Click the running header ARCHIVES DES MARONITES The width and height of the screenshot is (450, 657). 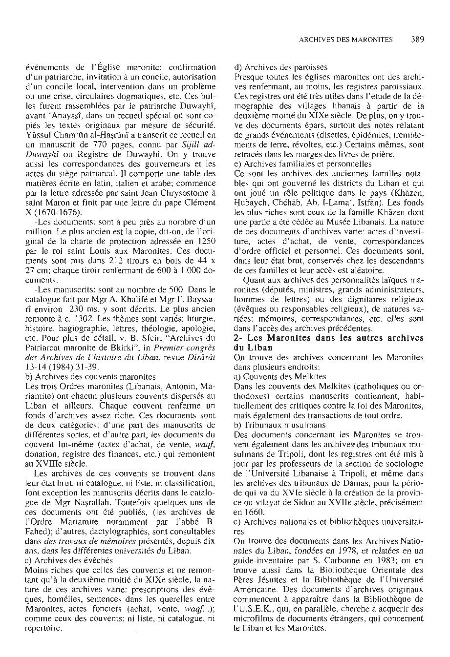(345, 40)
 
